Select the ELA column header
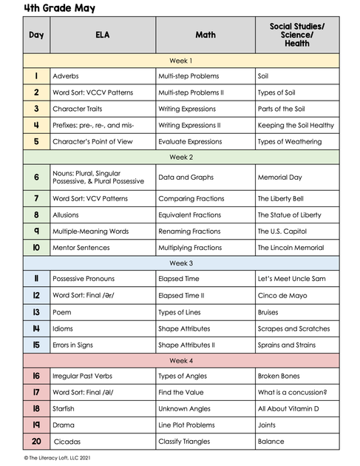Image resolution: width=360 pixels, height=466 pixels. [102, 35]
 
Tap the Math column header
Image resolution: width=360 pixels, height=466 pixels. [205, 35]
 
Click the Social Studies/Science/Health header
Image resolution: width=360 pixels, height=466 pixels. [297, 35]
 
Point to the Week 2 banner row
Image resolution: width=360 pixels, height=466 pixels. [181, 157]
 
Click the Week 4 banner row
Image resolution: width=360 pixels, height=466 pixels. [181, 360]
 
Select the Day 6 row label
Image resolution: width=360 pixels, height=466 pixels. [36, 178]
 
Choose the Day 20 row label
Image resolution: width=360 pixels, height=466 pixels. [36, 442]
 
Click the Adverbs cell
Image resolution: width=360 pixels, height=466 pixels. [66, 76]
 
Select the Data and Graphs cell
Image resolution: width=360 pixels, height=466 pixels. [186, 178]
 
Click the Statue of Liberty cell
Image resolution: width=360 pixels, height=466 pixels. [289, 215]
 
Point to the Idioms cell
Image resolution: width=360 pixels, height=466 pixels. [64, 328]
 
